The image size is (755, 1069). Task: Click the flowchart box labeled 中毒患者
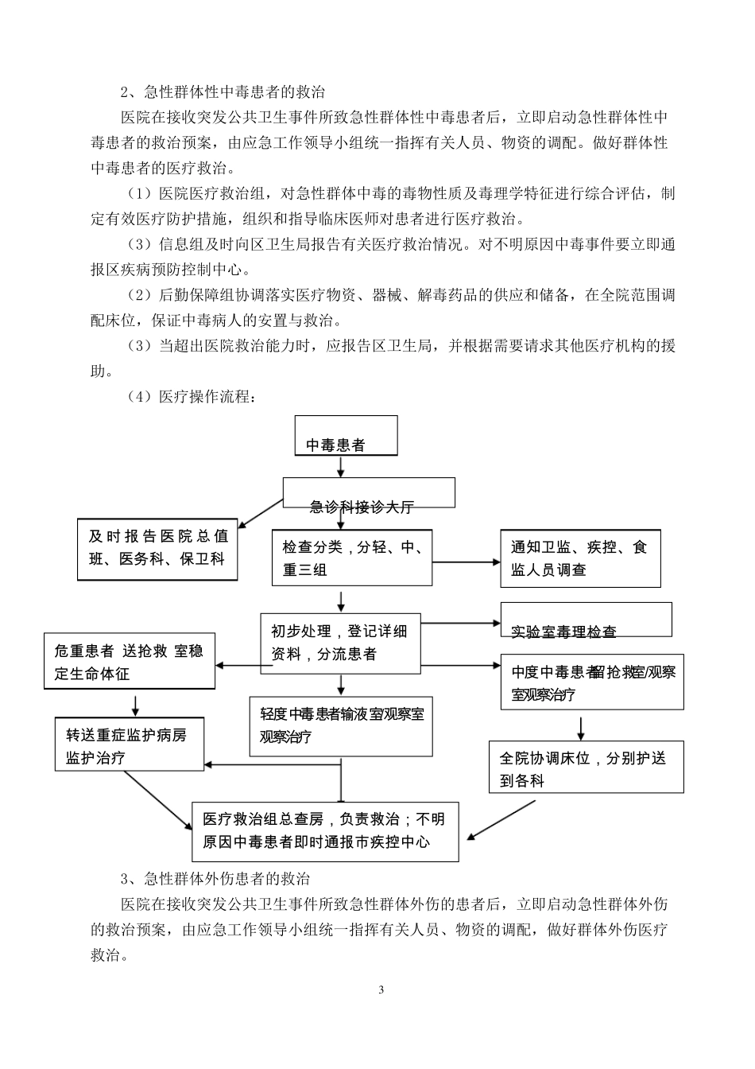pyautogui.click(x=346, y=435)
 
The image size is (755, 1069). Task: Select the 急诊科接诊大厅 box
pyautogui.click(x=369, y=493)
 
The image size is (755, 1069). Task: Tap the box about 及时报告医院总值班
pyautogui.click(x=157, y=548)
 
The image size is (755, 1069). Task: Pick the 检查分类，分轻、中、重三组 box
pyautogui.click(x=352, y=558)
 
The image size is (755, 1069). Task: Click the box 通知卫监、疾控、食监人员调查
pyautogui.click(x=579, y=558)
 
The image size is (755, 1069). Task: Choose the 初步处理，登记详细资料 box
pyautogui.click(x=340, y=642)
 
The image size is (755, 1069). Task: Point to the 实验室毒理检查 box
pyautogui.click(x=586, y=620)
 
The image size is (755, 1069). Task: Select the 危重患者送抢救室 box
pyautogui.click(x=129, y=662)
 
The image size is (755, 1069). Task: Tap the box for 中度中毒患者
pyautogui.click(x=591, y=682)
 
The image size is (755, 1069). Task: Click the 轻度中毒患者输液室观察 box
pyautogui.click(x=341, y=725)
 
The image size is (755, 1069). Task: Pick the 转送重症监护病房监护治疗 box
pyautogui.click(x=129, y=744)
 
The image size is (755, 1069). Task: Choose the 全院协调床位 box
pyautogui.click(x=586, y=768)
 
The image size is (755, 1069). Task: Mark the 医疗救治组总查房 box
pyautogui.click(x=325, y=830)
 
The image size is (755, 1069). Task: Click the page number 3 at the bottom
pyautogui.click(x=381, y=990)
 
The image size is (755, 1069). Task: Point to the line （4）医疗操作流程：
pyautogui.click(x=192, y=396)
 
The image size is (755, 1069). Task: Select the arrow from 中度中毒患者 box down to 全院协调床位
pyautogui.click(x=581, y=726)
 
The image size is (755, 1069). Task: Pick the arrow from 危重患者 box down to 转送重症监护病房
pyautogui.click(x=136, y=704)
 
